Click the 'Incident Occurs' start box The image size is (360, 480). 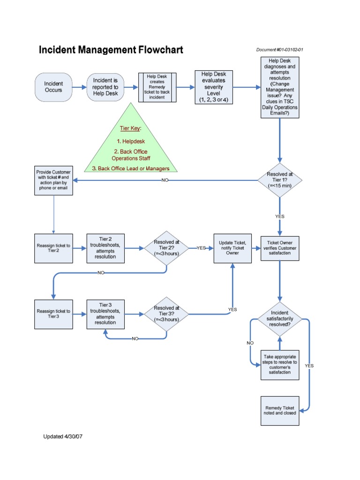(53, 87)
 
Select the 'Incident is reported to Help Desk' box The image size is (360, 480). (105, 87)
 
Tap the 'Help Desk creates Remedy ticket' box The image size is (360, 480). (157, 87)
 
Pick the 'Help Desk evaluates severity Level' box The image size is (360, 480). (214, 87)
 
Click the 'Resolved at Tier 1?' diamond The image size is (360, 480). (280, 180)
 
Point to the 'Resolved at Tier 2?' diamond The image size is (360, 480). (166, 248)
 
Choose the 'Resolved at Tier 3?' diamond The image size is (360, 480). (166, 314)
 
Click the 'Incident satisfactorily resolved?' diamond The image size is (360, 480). (280, 318)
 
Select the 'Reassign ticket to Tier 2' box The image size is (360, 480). (53, 248)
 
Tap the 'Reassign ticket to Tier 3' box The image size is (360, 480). (53, 314)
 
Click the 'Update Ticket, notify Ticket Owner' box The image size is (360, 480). (232, 248)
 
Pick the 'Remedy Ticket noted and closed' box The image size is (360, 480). (280, 411)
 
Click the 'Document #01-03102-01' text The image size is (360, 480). (282, 50)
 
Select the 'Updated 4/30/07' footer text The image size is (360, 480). (63, 436)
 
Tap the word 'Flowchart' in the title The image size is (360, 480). (157, 50)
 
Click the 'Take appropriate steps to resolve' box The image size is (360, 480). (280, 365)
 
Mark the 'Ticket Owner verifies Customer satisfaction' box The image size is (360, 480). (280, 248)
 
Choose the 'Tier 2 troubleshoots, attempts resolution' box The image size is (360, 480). (105, 248)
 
